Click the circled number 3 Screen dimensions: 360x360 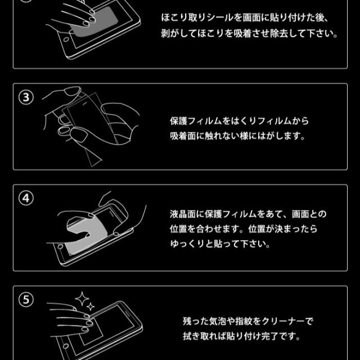tap(26, 97)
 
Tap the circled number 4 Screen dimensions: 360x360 tap(26, 198)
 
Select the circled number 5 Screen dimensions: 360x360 tap(26, 300)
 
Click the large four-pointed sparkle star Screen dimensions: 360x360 tap(82, 299)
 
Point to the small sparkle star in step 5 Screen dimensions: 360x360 tap(91, 307)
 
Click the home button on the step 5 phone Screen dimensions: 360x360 tap(66, 346)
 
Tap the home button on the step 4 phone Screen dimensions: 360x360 tap(60, 247)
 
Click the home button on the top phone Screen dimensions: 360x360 tap(66, 39)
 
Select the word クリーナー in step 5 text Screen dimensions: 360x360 tap(283, 321)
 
